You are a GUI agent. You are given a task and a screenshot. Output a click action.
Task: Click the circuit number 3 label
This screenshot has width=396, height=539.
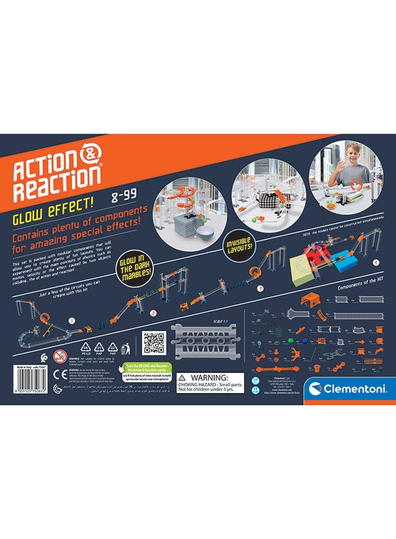[x=260, y=287]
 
